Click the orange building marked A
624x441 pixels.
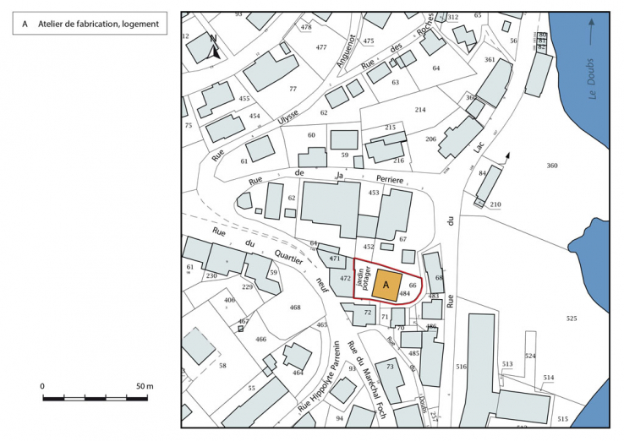tap(386, 285)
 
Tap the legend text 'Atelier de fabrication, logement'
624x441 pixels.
tap(98, 24)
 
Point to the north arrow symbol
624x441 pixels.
tap(215, 46)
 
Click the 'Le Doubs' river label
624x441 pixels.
tap(592, 76)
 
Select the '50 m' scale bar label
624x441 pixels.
tap(145, 386)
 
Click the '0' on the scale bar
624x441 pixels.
tap(42, 386)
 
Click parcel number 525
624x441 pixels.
tap(572, 318)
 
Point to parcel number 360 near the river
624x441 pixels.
tap(552, 166)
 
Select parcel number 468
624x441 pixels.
tap(295, 308)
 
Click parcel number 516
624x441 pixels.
tap(461, 367)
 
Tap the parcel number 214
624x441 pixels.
tap(420, 111)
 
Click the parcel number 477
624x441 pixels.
tap(321, 47)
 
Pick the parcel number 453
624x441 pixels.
tap(374, 193)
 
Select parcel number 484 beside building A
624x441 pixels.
tap(404, 294)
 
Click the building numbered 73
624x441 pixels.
tap(390, 367)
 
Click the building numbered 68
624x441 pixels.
tap(438, 277)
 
